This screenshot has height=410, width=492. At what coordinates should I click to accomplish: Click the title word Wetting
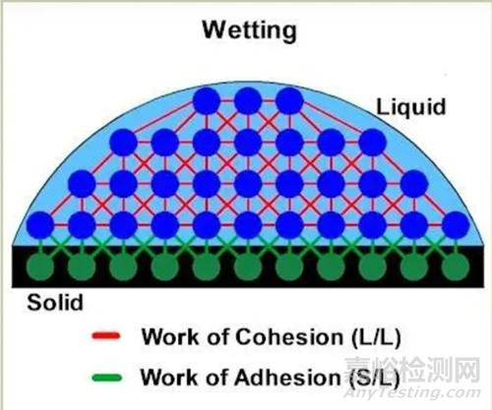[250, 30]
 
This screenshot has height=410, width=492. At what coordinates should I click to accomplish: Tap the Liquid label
[411, 107]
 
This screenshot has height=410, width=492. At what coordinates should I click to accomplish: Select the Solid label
[55, 302]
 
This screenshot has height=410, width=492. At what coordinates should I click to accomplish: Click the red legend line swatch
[106, 336]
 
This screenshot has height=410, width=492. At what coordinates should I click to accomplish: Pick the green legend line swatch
[107, 378]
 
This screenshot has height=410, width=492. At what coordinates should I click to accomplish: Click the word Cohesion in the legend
[289, 336]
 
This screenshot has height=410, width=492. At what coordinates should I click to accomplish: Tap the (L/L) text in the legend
[376, 337]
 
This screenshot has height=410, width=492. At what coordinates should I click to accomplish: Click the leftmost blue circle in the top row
[207, 100]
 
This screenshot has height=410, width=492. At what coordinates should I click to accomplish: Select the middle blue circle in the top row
[248, 100]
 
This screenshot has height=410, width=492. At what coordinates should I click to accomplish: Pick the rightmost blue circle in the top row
[289, 100]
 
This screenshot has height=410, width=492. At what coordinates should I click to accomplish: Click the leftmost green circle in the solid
[40, 266]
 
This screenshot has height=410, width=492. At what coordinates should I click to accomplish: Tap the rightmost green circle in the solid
[456, 266]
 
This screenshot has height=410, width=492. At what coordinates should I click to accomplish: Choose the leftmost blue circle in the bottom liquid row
[40, 225]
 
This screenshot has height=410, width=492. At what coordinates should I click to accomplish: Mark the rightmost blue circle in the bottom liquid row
[456, 225]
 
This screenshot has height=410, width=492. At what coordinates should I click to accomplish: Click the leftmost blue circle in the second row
[123, 143]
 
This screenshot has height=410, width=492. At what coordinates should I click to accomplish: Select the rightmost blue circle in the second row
[373, 143]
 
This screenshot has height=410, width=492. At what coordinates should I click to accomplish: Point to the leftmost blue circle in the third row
[82, 184]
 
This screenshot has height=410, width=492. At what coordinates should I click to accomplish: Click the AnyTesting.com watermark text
[412, 392]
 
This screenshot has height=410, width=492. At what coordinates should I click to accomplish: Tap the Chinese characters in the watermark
[412, 370]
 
